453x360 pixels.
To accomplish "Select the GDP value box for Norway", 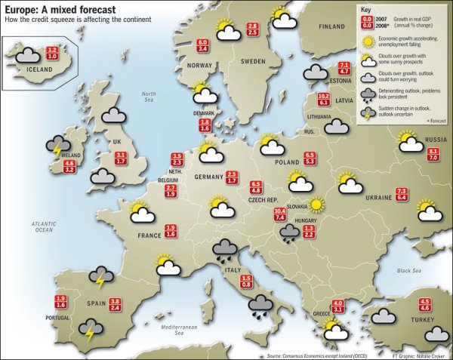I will pyautogui.click(x=202, y=45).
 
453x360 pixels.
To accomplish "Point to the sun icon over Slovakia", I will pyautogui.click(x=315, y=204).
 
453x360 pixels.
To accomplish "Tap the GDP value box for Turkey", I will pyautogui.click(x=425, y=305).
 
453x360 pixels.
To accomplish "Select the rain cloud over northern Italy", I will pyautogui.click(x=225, y=248).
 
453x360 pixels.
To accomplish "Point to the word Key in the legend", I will pyautogui.click(x=366, y=10).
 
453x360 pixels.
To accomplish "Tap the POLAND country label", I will pyautogui.click(x=287, y=162).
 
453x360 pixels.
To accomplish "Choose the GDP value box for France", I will pyautogui.click(x=171, y=231).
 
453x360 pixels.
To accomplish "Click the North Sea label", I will pyautogui.click(x=149, y=97).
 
